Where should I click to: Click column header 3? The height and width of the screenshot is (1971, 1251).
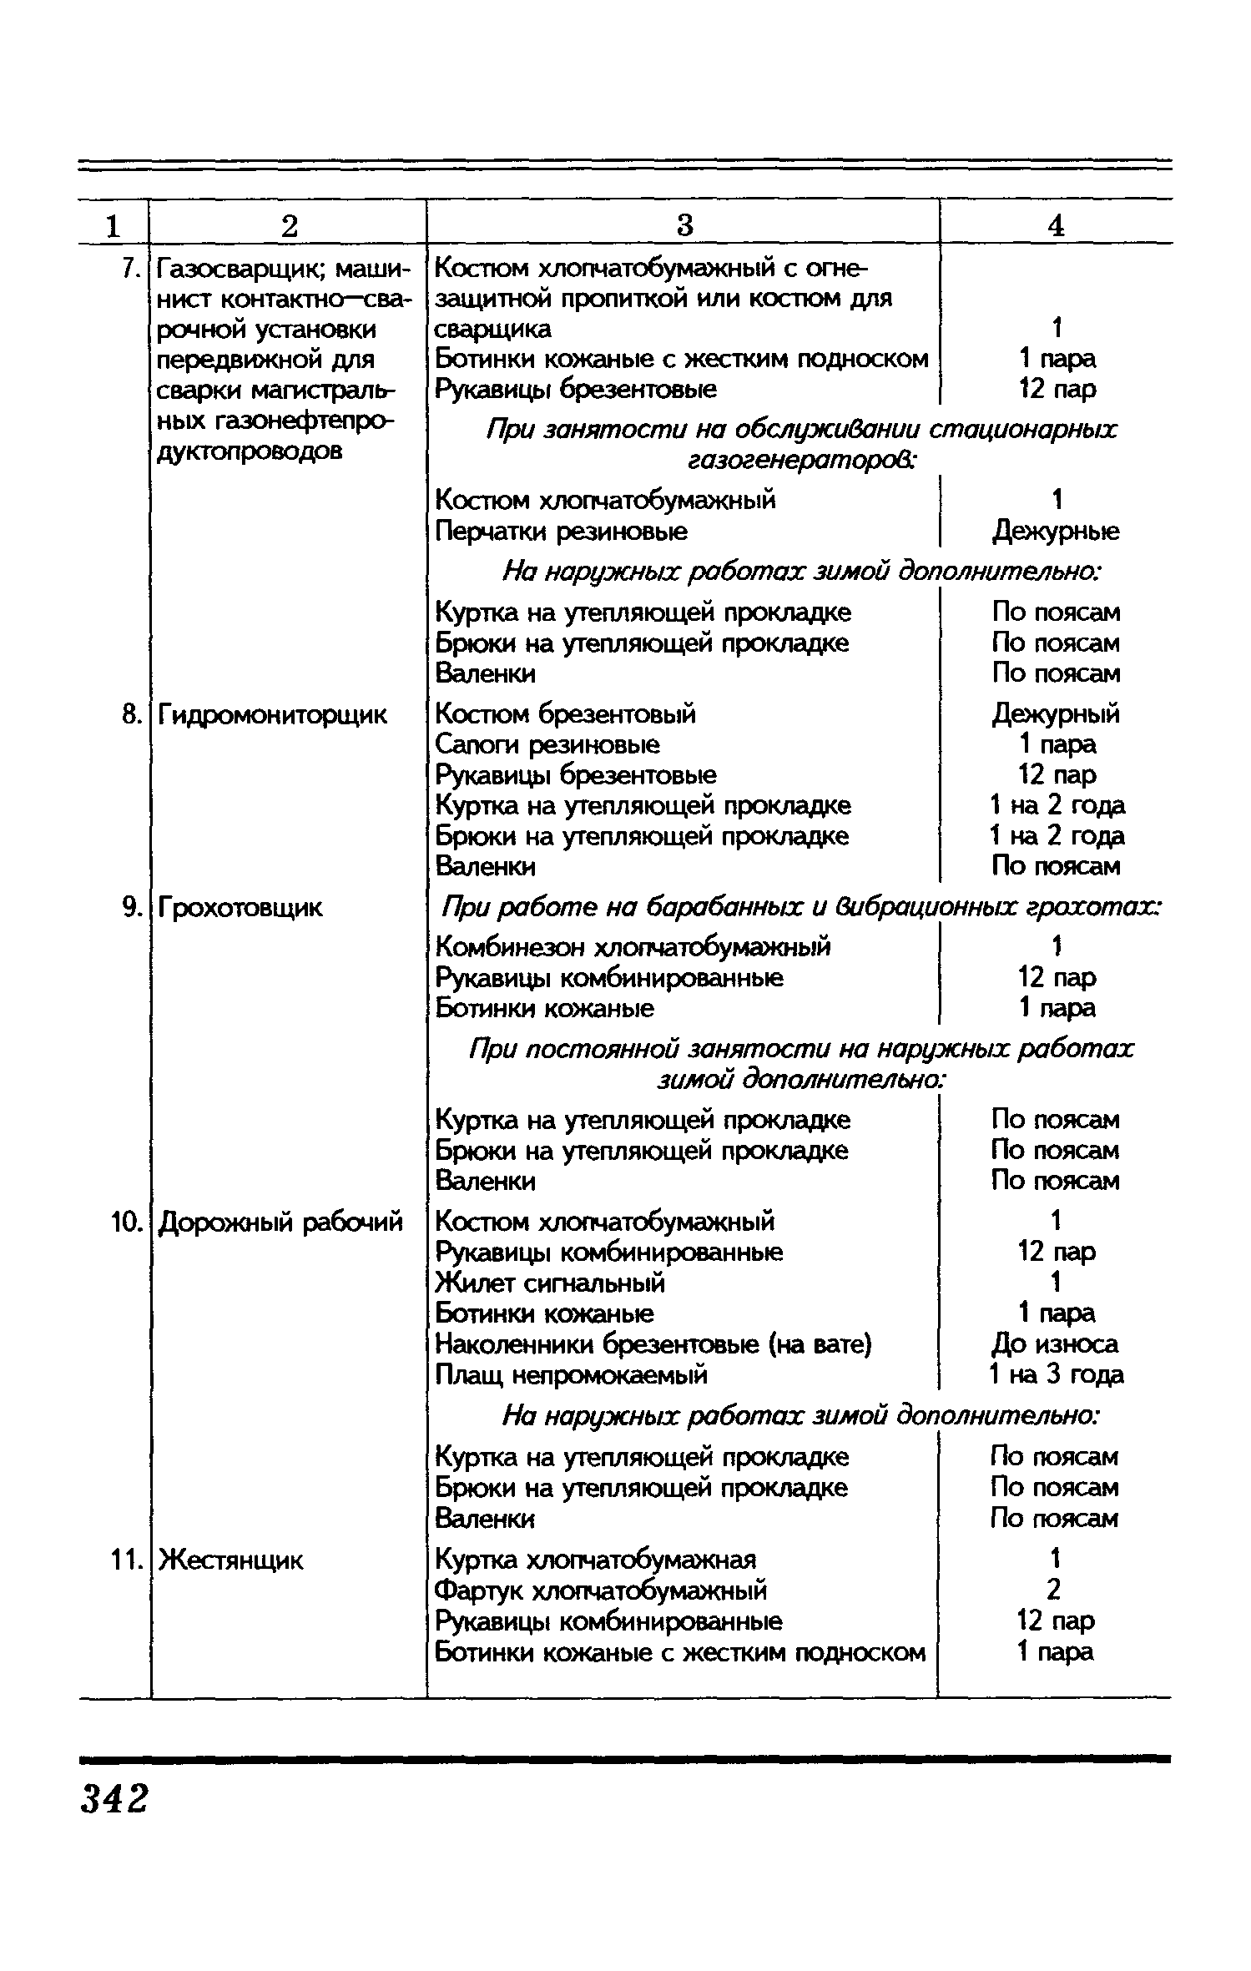click(x=684, y=225)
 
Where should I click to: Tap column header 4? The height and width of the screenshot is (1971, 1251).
click(x=1056, y=225)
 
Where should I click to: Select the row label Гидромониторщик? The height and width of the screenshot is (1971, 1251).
click(x=273, y=715)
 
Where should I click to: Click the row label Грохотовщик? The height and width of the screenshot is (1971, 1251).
click(x=240, y=907)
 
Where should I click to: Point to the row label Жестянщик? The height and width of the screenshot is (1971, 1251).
click(x=231, y=1560)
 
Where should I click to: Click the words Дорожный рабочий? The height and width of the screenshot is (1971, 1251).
click(x=280, y=1222)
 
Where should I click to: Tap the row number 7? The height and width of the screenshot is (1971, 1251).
click(x=129, y=269)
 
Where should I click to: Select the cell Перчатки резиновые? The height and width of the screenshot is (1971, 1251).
click(x=562, y=532)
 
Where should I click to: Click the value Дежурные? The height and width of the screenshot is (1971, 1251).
click(x=1056, y=532)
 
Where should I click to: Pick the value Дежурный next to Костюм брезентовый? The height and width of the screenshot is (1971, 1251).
click(x=1056, y=714)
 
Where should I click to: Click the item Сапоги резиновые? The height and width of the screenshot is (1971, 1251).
click(x=547, y=744)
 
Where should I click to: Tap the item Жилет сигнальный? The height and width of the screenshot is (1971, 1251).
click(x=550, y=1283)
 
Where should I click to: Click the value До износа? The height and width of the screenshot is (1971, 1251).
click(x=1056, y=1344)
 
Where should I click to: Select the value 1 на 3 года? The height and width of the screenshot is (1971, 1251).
click(x=1056, y=1374)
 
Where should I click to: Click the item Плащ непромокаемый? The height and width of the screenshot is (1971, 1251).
click(x=572, y=1374)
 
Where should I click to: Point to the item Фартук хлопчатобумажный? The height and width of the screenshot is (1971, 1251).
click(x=601, y=1590)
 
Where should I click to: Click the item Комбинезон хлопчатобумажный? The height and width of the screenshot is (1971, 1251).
click(x=633, y=947)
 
